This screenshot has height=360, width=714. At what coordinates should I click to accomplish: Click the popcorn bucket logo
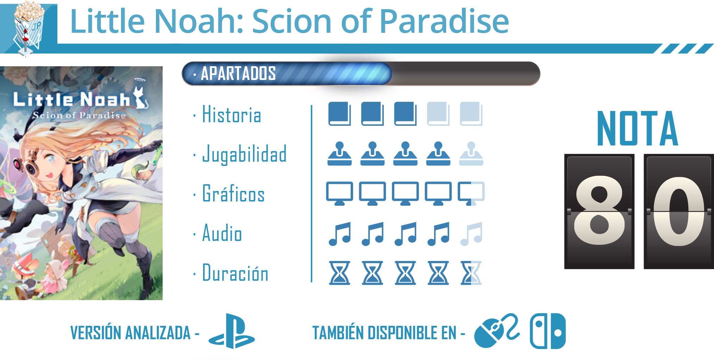28,28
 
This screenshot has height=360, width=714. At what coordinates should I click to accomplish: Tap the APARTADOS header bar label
238,73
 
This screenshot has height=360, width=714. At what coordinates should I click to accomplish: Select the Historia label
232,114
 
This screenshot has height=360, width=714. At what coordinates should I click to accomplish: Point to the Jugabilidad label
244,154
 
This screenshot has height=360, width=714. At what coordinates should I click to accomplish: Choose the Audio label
222,233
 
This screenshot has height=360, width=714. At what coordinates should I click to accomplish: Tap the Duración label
235,273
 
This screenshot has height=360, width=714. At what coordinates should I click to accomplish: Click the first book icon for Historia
339,114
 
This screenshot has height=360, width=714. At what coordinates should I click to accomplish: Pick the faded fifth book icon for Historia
471,114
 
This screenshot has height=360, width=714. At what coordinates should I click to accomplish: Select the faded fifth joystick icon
471,154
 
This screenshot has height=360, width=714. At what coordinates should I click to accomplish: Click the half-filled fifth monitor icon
471,193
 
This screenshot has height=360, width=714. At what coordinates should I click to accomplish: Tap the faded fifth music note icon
471,234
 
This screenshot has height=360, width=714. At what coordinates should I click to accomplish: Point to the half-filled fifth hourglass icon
471,273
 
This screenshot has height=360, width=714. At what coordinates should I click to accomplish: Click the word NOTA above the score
638,128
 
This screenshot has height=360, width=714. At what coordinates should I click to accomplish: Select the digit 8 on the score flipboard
599,211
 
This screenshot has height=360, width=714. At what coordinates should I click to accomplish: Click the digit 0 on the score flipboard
679,211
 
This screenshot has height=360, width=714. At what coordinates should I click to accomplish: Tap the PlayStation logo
232,331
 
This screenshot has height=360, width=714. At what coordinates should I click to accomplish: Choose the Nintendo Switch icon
548,331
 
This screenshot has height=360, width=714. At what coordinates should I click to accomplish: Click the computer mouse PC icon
496,330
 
